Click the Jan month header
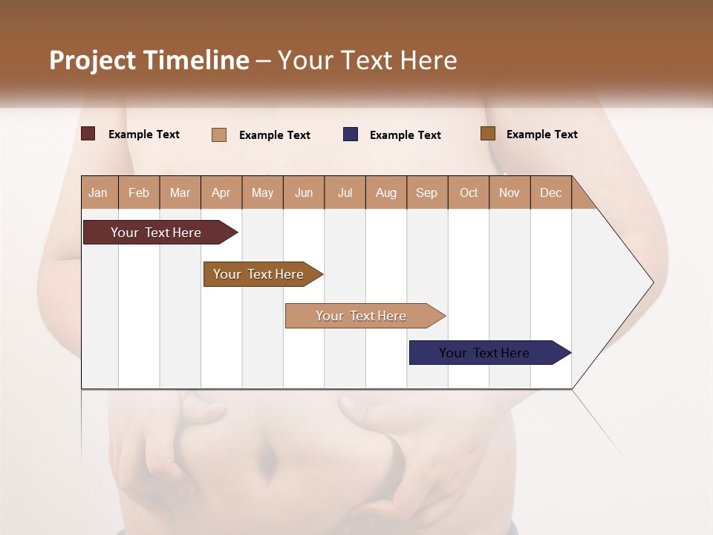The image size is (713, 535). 99,192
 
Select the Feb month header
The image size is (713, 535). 139,192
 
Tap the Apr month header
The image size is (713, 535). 221,192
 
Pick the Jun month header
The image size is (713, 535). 304,192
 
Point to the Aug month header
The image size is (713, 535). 386,192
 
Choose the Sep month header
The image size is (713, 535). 427,192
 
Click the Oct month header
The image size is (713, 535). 469,192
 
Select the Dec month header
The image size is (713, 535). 551,192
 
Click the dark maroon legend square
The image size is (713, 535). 88,134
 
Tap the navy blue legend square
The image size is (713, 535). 351,134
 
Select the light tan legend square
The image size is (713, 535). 219,134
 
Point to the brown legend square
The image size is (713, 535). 487,134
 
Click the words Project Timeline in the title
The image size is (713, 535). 149,60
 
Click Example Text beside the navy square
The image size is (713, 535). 406,134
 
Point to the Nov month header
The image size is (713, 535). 509,192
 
